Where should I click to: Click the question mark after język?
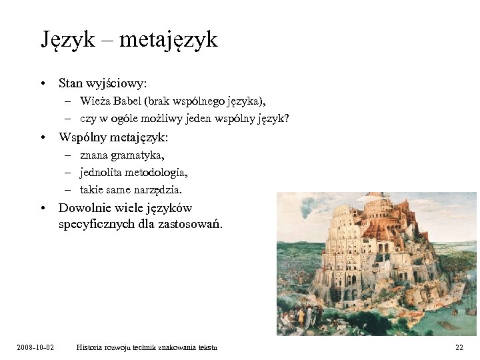[x=287, y=119]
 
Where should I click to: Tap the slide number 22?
[x=459, y=347]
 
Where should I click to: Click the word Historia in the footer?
[x=90, y=347]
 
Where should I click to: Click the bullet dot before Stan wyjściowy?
[x=42, y=85]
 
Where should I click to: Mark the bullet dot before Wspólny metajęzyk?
[x=42, y=138]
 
